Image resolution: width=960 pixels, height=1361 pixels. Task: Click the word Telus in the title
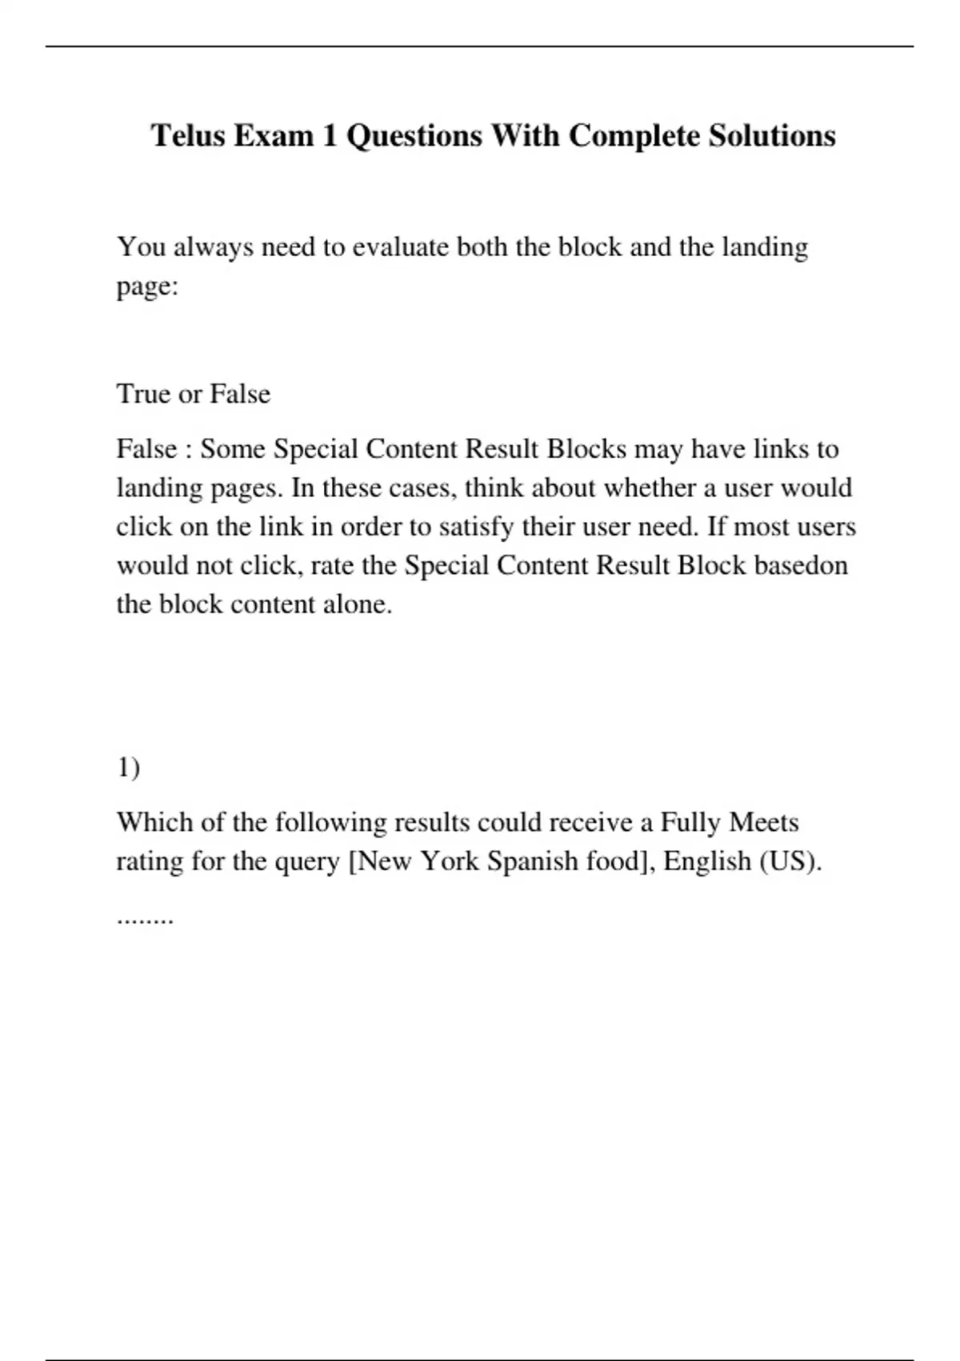point(188,136)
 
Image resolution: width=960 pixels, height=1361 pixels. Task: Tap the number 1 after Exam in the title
point(330,136)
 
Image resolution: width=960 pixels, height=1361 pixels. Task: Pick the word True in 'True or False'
point(143,394)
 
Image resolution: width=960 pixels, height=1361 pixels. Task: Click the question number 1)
point(129,768)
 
